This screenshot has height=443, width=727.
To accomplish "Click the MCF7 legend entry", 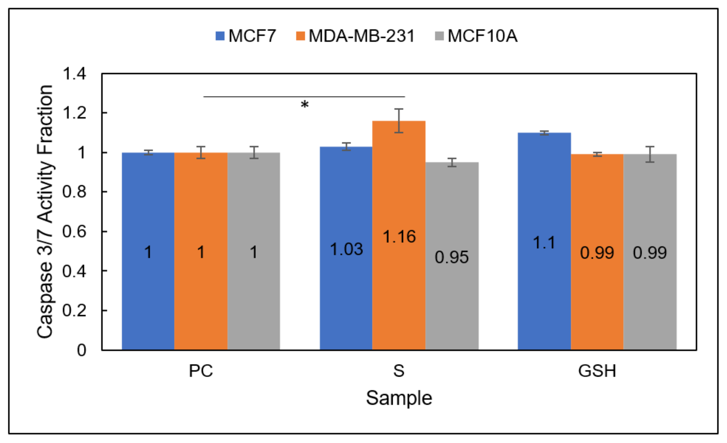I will [246, 36].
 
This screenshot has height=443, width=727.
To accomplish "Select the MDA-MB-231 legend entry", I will [356, 36].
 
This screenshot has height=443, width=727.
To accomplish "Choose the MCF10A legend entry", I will [477, 36].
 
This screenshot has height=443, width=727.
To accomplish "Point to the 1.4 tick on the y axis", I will [74, 74].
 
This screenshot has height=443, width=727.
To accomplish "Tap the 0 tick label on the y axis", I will [82, 350].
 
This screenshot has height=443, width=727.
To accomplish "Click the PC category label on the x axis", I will [201, 371].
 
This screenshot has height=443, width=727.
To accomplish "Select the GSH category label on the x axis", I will [597, 371].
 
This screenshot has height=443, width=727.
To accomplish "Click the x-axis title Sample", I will [399, 398].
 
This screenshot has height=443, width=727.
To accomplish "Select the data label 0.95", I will [451, 257].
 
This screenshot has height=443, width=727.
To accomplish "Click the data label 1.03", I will [346, 249].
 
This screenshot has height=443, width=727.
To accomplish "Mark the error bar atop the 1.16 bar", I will [399, 121].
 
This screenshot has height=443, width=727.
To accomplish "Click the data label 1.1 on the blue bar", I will [544, 243].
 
